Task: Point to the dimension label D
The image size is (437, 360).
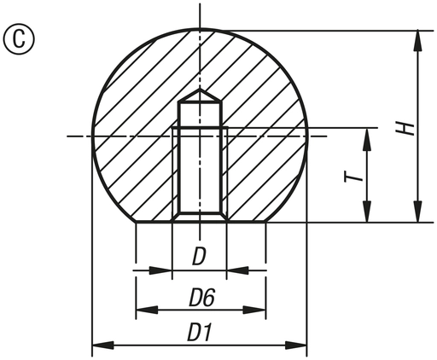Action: click(199, 257)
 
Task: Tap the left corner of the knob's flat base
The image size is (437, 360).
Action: click(135, 223)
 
